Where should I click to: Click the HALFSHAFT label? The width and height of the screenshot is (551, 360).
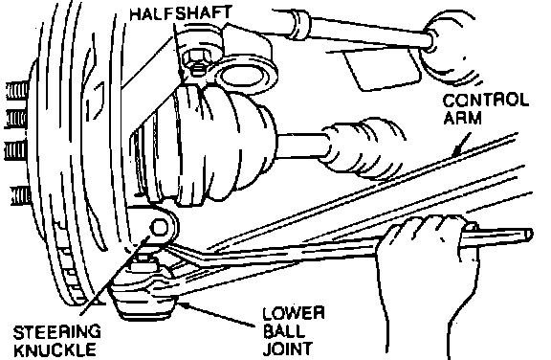click(181, 13)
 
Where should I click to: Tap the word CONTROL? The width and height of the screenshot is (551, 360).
click(486, 101)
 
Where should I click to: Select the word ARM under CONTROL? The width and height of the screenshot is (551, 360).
click(462, 118)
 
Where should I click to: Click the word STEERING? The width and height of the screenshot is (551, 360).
click(57, 332)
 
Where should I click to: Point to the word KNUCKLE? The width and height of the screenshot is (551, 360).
click(55, 349)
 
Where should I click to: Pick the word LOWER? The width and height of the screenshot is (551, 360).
click(294, 314)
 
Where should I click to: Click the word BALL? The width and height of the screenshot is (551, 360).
click(284, 331)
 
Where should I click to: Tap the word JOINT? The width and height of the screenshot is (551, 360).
click(287, 349)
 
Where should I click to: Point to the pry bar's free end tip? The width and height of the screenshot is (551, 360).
click(530, 235)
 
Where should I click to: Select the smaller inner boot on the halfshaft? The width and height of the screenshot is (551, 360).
click(362, 147)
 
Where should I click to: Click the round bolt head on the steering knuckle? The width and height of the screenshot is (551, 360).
click(159, 228)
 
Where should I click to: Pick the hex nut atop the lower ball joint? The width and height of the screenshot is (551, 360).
click(143, 263)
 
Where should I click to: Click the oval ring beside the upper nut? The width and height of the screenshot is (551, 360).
click(243, 76)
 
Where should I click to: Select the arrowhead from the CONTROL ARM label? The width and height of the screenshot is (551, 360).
click(457, 152)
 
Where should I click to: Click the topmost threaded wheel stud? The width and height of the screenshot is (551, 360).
click(17, 91)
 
